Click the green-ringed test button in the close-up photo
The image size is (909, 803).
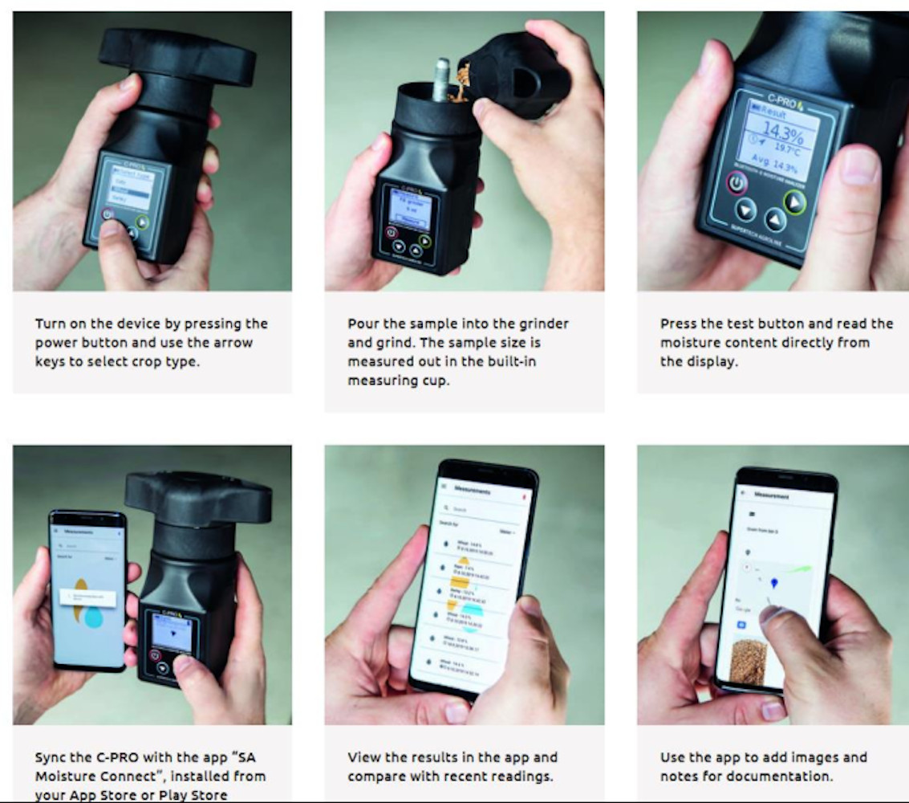click(x=794, y=201)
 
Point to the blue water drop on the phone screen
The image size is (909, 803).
click(x=94, y=616)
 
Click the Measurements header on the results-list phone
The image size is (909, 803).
click(x=473, y=489)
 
